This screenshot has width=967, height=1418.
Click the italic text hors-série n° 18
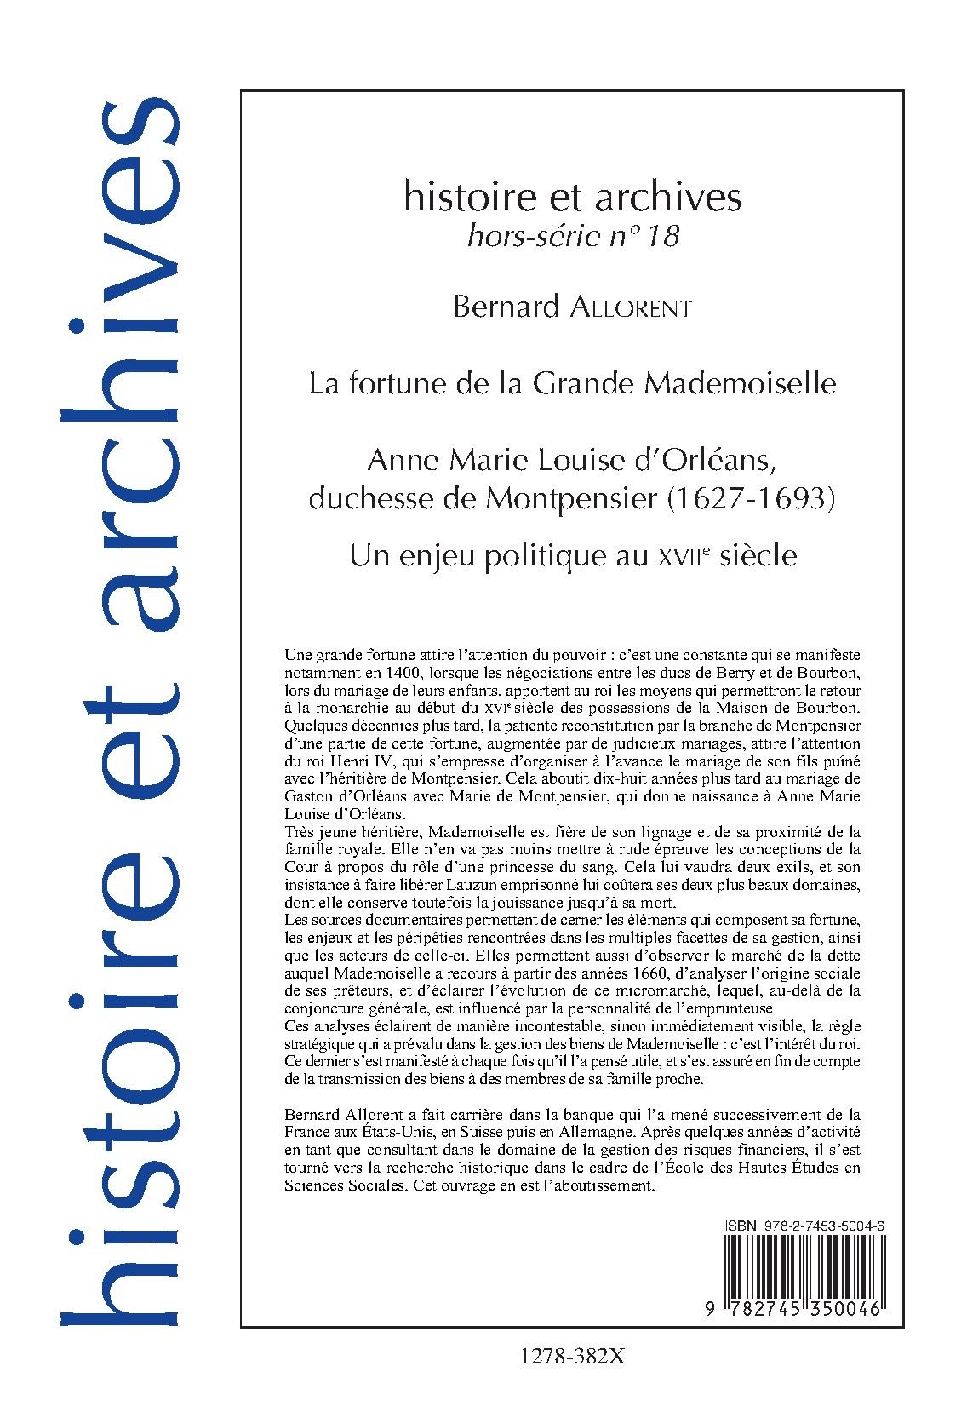point(572,236)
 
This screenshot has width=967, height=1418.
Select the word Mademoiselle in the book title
point(740,383)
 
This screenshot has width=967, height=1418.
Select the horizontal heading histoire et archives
point(572,198)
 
